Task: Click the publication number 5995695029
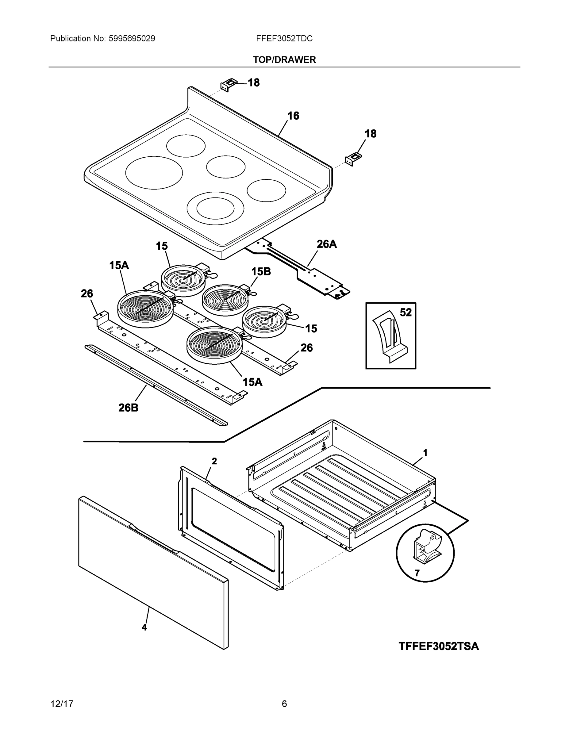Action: tap(132, 39)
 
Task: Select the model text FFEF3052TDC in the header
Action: tap(284, 39)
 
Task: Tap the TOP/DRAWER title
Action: tap(284, 60)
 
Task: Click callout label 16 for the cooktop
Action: tap(293, 116)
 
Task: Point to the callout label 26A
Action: tap(326, 244)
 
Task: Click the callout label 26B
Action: tap(128, 408)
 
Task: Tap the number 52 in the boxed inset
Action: tap(406, 312)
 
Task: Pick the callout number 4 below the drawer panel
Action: tap(144, 627)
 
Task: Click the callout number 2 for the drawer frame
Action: tap(214, 461)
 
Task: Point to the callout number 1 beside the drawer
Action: tap(425, 453)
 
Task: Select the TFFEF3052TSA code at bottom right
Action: tap(439, 646)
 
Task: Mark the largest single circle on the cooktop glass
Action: tap(154, 173)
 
